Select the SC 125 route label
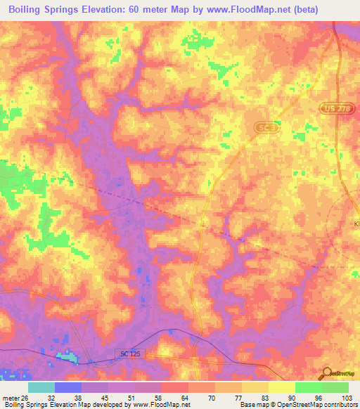click(134, 356)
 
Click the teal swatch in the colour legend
click(41, 387)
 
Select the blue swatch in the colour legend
click(68, 387)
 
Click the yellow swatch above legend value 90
click(281, 387)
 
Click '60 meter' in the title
click(150, 9)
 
